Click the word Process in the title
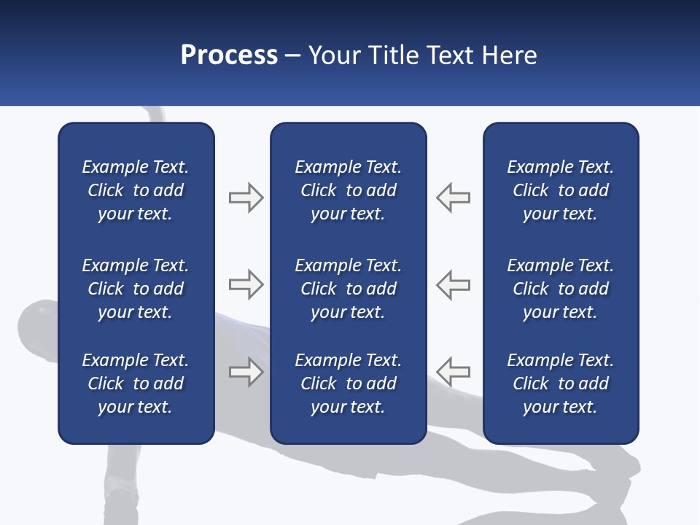229,55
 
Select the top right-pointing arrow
246,198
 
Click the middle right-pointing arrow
246,284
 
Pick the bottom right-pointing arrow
246,372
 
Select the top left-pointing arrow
454,198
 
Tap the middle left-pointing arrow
454,284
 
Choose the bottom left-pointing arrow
454,372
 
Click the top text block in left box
136,190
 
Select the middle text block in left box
136,289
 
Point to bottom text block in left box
136,384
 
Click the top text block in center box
348,190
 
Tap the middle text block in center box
348,289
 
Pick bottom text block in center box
348,384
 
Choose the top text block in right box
560,190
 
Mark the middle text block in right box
560,289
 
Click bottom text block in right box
560,384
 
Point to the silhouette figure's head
36,321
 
